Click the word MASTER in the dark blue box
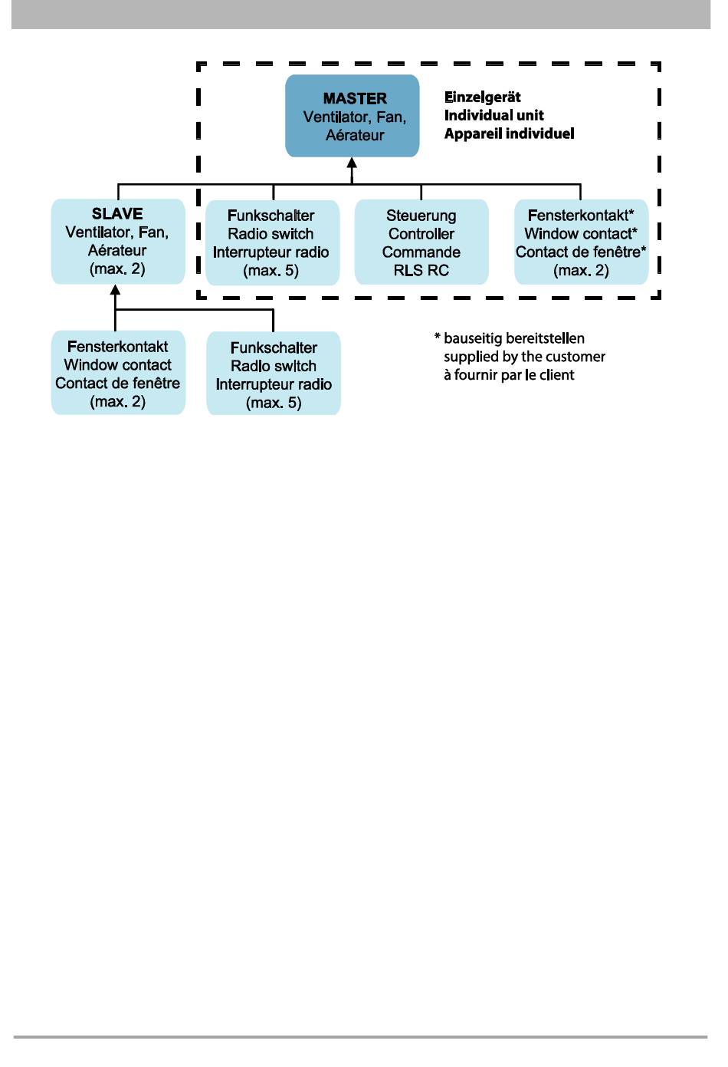pyautogui.click(x=355, y=99)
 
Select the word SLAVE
pyautogui.click(x=117, y=213)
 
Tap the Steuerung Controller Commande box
pyautogui.click(x=421, y=242)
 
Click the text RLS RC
pyautogui.click(x=421, y=271)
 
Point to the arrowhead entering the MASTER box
pyautogui.click(x=352, y=163)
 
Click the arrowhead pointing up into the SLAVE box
pyautogui.click(x=115, y=290)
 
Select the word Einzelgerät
pyautogui.click(x=483, y=97)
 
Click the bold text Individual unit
pyautogui.click(x=494, y=115)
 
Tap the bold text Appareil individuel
pyautogui.click(x=509, y=133)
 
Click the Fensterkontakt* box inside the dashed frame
pyautogui.click(x=581, y=242)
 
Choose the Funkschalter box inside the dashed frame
pyautogui.click(x=272, y=242)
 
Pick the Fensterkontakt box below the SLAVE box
pyautogui.click(x=118, y=373)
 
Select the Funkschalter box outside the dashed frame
pyautogui.click(x=274, y=374)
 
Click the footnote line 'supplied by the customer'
pyautogui.click(x=524, y=357)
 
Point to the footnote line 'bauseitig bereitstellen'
pyautogui.click(x=514, y=339)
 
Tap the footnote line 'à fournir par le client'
pyautogui.click(x=509, y=375)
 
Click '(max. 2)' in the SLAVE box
pyautogui.click(x=117, y=269)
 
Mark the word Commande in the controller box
pyautogui.click(x=421, y=252)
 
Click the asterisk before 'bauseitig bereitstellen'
pyautogui.click(x=438, y=337)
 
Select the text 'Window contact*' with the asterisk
pyautogui.click(x=581, y=234)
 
